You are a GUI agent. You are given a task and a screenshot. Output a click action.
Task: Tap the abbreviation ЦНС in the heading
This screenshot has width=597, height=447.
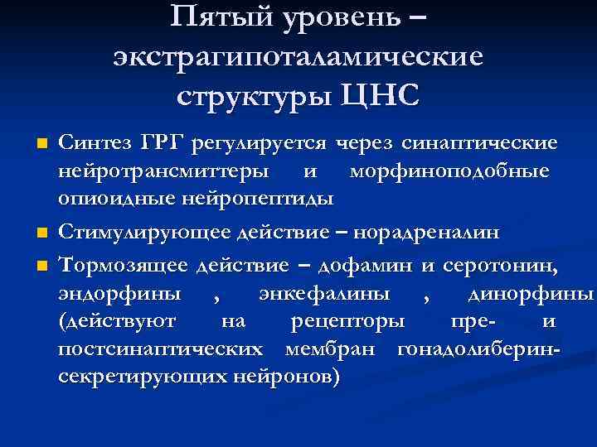379,93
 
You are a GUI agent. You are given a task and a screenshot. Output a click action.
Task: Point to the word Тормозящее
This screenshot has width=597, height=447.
124,264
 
